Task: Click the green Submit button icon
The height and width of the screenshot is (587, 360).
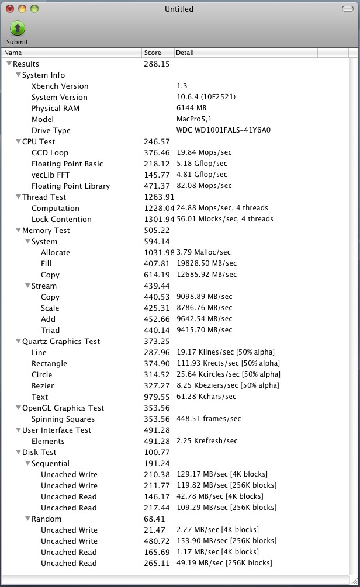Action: click(18, 29)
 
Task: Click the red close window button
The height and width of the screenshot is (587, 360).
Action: click(10, 9)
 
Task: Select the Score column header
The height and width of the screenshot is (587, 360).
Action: click(153, 53)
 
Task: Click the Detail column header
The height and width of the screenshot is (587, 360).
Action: click(185, 53)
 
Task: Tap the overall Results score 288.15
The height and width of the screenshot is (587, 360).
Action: click(157, 64)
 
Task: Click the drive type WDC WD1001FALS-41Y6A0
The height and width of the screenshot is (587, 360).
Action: click(223, 131)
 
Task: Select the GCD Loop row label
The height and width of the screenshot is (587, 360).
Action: click(50, 153)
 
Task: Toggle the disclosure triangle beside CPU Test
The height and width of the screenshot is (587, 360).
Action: click(18, 142)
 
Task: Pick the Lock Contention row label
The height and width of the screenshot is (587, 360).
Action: click(61, 220)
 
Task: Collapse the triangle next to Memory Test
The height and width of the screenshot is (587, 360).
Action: click(18, 231)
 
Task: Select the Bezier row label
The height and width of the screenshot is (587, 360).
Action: click(43, 386)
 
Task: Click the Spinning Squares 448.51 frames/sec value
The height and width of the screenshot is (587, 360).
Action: click(209, 419)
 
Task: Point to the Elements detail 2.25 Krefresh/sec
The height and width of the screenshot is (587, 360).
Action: click(207, 442)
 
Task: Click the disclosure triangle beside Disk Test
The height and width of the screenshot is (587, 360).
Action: click(18, 453)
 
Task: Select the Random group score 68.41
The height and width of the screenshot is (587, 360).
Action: click(155, 519)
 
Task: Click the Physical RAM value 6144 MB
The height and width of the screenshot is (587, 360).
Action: click(191, 109)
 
